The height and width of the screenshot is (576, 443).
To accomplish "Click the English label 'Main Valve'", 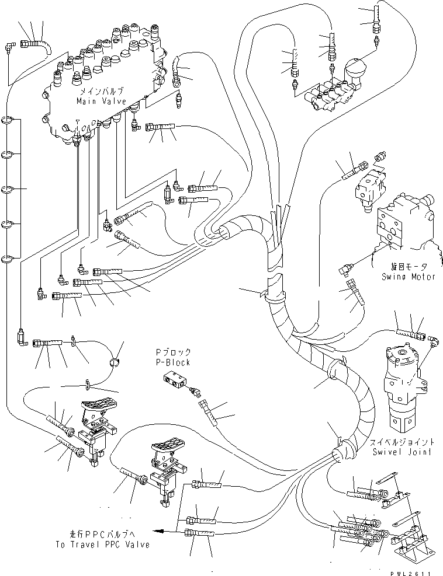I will pyautogui.click(x=99, y=101).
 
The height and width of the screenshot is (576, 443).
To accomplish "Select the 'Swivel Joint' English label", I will pyautogui.click(x=401, y=452).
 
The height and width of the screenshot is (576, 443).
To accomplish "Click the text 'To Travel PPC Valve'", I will pyautogui.click(x=109, y=544).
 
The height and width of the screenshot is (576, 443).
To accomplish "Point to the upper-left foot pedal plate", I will pyautogui.click(x=95, y=409).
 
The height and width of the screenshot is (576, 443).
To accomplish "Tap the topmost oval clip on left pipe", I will pyautogui.click(x=8, y=121).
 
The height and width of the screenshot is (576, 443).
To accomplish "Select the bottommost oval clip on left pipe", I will pyautogui.click(x=8, y=260).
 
